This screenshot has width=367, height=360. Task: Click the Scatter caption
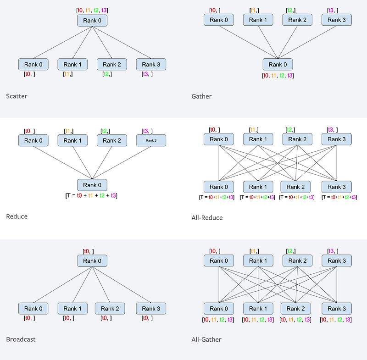click(17, 96)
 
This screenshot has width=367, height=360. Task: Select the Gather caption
click(201, 96)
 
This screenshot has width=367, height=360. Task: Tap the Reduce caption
click(17, 216)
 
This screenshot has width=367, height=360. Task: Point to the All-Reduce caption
click(207, 217)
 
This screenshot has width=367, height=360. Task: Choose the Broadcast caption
click(21, 339)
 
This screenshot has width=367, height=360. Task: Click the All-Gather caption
click(206, 339)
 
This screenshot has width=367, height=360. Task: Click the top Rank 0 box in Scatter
click(92, 20)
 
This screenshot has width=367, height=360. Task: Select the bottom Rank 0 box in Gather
click(278, 65)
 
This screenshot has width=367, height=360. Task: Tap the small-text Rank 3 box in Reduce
click(151, 140)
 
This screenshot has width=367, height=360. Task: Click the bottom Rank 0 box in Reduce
click(92, 185)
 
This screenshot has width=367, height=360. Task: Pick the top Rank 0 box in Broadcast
click(92, 261)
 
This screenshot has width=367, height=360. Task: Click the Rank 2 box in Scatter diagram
click(111, 65)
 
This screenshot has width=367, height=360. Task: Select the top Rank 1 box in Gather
click(258, 20)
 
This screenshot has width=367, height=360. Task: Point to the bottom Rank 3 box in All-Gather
click(337, 308)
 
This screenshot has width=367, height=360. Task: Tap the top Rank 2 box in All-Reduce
click(297, 139)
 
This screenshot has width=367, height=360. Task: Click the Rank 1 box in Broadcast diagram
click(72, 309)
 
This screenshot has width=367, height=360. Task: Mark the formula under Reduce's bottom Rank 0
click(92, 195)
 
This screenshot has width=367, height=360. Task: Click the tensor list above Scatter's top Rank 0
click(92, 10)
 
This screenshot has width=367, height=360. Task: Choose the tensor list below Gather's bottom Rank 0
click(278, 76)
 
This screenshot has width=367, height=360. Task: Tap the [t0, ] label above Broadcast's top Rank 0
click(88, 251)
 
